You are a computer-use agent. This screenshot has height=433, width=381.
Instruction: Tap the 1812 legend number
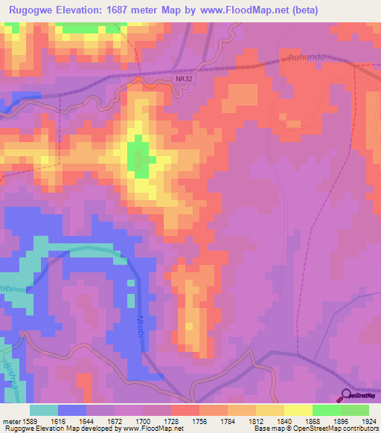(x=241, y=420)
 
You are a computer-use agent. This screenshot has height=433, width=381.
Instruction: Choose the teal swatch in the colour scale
(x=43, y=410)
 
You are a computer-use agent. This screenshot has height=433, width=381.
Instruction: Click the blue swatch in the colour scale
(x=72, y=410)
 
